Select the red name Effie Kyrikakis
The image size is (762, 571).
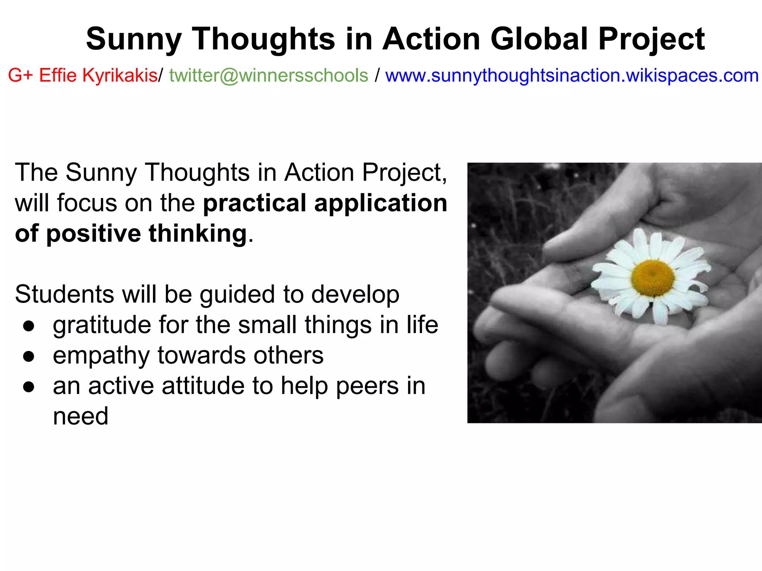(x=98, y=75)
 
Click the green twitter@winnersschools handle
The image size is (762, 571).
(x=269, y=75)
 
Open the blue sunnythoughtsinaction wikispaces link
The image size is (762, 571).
(x=572, y=75)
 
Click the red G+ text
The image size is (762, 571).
(x=21, y=75)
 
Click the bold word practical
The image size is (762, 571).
(x=254, y=204)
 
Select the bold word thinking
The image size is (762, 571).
(x=198, y=234)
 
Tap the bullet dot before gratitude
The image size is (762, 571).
(x=29, y=326)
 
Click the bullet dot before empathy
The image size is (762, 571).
(x=29, y=357)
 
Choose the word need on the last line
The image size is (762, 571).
(x=80, y=416)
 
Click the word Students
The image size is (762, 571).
(x=64, y=294)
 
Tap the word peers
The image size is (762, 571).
(x=367, y=387)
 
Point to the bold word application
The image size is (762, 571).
(x=381, y=204)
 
